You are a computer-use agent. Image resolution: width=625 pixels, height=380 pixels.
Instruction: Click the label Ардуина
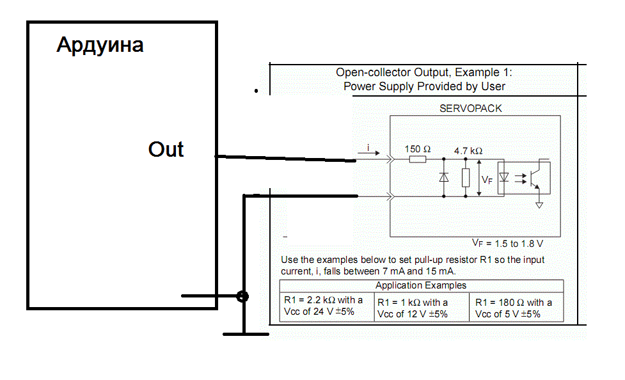[x=100, y=45]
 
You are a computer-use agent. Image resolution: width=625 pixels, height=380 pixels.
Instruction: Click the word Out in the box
[x=166, y=149]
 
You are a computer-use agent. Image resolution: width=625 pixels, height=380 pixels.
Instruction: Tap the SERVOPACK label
[x=471, y=108]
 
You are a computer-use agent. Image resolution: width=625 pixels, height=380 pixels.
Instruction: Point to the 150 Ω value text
[x=418, y=148]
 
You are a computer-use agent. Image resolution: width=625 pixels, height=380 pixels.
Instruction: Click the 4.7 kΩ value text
[x=468, y=151]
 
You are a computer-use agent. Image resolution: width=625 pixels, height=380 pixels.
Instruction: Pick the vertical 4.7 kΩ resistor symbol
[x=465, y=177]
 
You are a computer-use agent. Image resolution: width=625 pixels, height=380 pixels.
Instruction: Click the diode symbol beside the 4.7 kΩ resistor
[x=444, y=178]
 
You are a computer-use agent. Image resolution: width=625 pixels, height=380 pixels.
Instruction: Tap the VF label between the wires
[x=487, y=180]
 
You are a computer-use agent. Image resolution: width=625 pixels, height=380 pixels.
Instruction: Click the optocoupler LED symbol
[x=504, y=177]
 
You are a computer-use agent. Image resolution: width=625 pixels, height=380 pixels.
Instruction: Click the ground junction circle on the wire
[x=242, y=296]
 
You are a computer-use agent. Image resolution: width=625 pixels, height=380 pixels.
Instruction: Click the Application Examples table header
[x=421, y=285]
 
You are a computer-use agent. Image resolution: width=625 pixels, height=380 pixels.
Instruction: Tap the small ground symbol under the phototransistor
[x=539, y=205]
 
